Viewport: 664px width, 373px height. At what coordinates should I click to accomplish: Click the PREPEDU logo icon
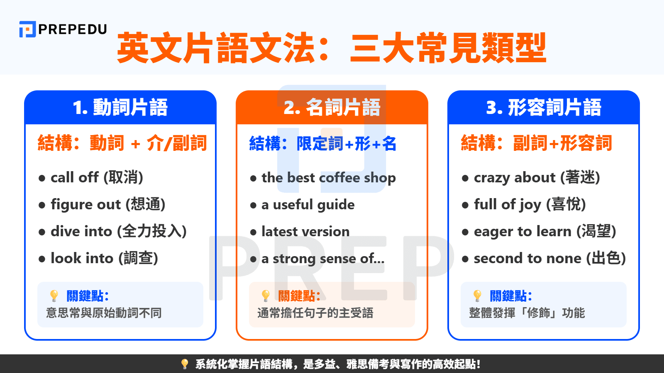pyautogui.click(x=27, y=29)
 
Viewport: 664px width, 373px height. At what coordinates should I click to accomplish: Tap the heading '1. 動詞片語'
pyautogui.click(x=120, y=107)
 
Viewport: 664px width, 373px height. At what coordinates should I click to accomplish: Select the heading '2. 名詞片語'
pyautogui.click(x=332, y=107)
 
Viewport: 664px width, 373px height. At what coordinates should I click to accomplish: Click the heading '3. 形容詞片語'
pyautogui.click(x=543, y=107)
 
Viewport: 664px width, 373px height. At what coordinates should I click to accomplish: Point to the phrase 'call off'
pyautogui.click(x=75, y=177)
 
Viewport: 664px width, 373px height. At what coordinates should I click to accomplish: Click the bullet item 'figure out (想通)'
pyautogui.click(x=107, y=204)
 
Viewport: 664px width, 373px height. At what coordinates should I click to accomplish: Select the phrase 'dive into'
pyautogui.click(x=81, y=231)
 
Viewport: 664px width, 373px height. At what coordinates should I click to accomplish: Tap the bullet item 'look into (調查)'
pyautogui.click(x=104, y=258)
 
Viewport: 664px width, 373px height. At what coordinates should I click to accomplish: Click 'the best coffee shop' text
pyautogui.click(x=328, y=178)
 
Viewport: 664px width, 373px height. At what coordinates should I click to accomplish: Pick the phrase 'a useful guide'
pyautogui.click(x=308, y=205)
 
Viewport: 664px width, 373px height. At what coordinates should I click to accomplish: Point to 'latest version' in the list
pyautogui.click(x=305, y=232)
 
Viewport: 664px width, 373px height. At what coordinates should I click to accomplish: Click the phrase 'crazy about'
pyautogui.click(x=515, y=177)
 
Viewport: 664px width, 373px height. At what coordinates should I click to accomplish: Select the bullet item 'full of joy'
pyautogui.click(x=508, y=204)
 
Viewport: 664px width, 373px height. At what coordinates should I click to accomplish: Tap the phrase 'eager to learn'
pyautogui.click(x=522, y=231)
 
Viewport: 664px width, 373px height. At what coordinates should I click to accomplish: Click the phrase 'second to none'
pyautogui.click(x=527, y=258)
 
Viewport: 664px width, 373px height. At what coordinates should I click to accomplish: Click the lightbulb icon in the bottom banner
pyautogui.click(x=185, y=364)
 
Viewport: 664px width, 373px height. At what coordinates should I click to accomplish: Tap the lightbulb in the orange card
pyautogui.click(x=266, y=295)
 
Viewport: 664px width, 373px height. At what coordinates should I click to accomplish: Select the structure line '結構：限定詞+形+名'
pyautogui.click(x=322, y=143)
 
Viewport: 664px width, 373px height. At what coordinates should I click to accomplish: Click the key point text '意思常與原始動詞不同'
pyautogui.click(x=104, y=313)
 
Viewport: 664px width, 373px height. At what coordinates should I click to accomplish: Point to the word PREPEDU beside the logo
pyautogui.click(x=73, y=29)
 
